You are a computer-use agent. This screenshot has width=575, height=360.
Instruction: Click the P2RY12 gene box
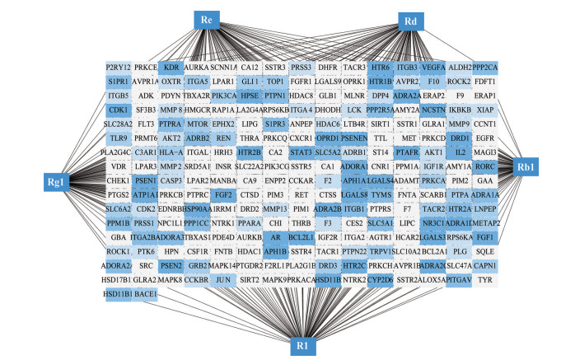pyautogui.click(x=119, y=67)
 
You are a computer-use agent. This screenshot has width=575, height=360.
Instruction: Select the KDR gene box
pyautogui.click(x=171, y=67)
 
